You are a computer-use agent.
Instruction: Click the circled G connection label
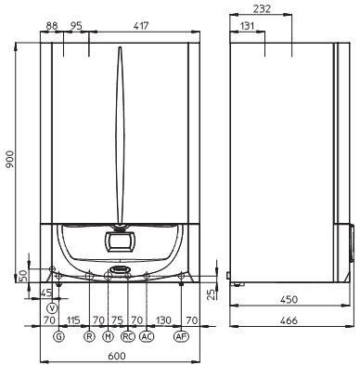coord(58,336)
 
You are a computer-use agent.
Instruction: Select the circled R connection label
coord(89,336)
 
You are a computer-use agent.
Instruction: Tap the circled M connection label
coord(108,336)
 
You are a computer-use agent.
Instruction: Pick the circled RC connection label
coord(128,336)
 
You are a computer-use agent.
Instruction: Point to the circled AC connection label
coord(147,336)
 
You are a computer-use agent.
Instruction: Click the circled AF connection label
coord(181,336)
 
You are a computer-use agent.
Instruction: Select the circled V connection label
coord(53,308)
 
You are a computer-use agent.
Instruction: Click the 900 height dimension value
coord(10,159)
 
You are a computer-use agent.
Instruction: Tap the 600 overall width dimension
coord(117,356)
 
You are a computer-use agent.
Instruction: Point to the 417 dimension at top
coord(141,25)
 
